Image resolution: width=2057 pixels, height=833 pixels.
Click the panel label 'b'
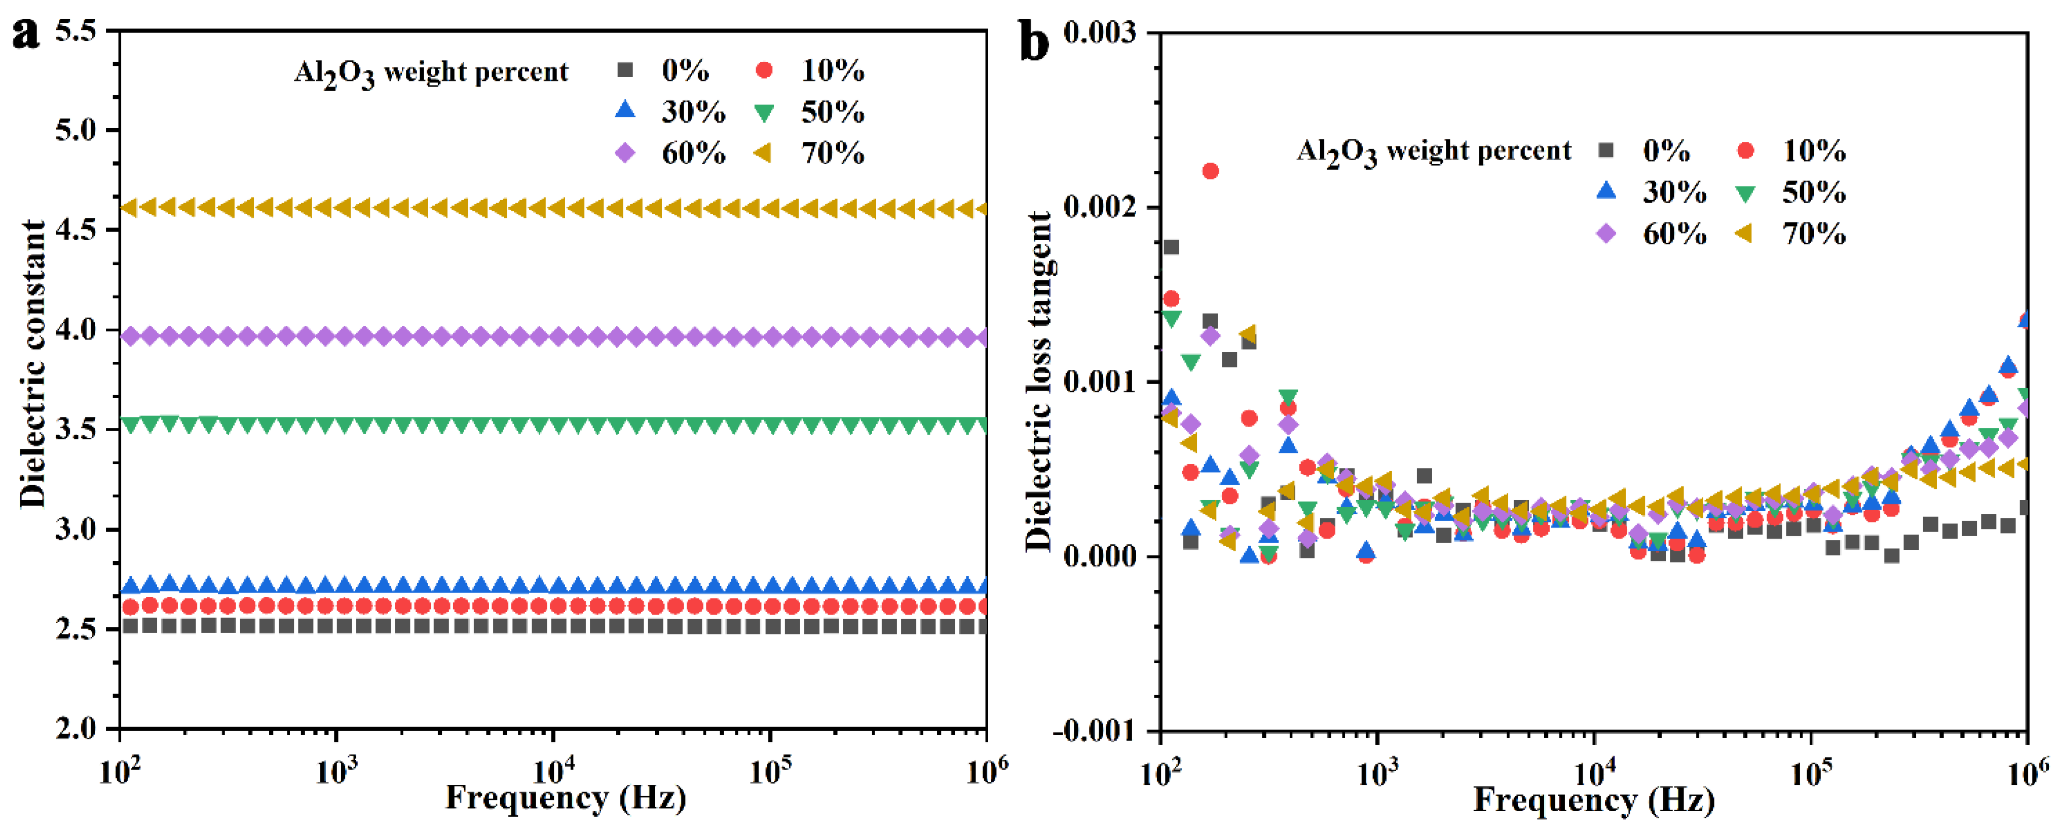tap(1035, 42)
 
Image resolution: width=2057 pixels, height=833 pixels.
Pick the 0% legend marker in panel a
tap(625, 70)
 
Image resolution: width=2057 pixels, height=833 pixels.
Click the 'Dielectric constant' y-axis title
tap(33, 363)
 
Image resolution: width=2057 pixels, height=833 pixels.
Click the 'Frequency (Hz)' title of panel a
tap(566, 797)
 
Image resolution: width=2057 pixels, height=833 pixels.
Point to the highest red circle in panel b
tap(1210, 171)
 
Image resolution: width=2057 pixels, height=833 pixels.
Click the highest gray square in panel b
tap(1171, 248)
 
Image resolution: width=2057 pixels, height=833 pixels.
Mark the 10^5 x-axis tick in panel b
tap(1810, 774)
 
